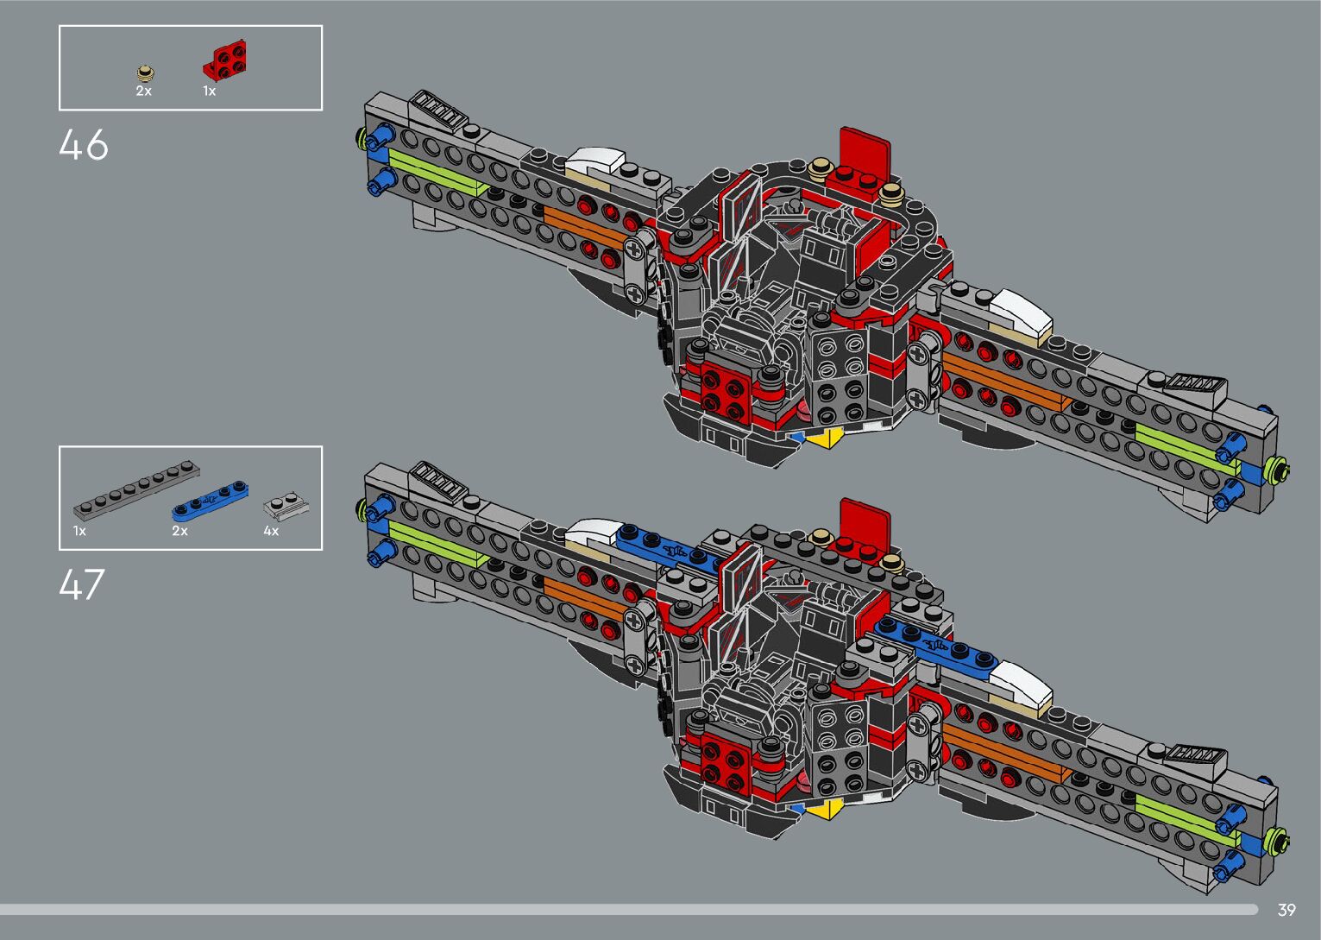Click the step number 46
click(x=84, y=145)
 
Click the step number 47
click(x=82, y=584)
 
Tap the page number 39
click(x=1286, y=910)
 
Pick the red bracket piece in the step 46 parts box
click(x=227, y=60)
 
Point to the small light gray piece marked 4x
click(x=286, y=504)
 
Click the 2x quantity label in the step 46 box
click(x=143, y=91)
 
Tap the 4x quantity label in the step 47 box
click(x=271, y=531)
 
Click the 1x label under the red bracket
click(x=209, y=91)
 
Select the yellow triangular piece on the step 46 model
click(x=826, y=438)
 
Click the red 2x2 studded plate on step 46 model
click(x=724, y=388)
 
